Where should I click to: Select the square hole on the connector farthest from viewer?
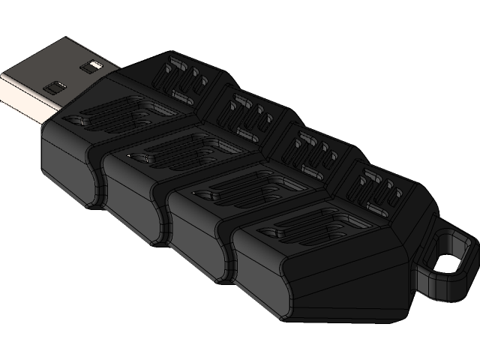pos(93,66)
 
